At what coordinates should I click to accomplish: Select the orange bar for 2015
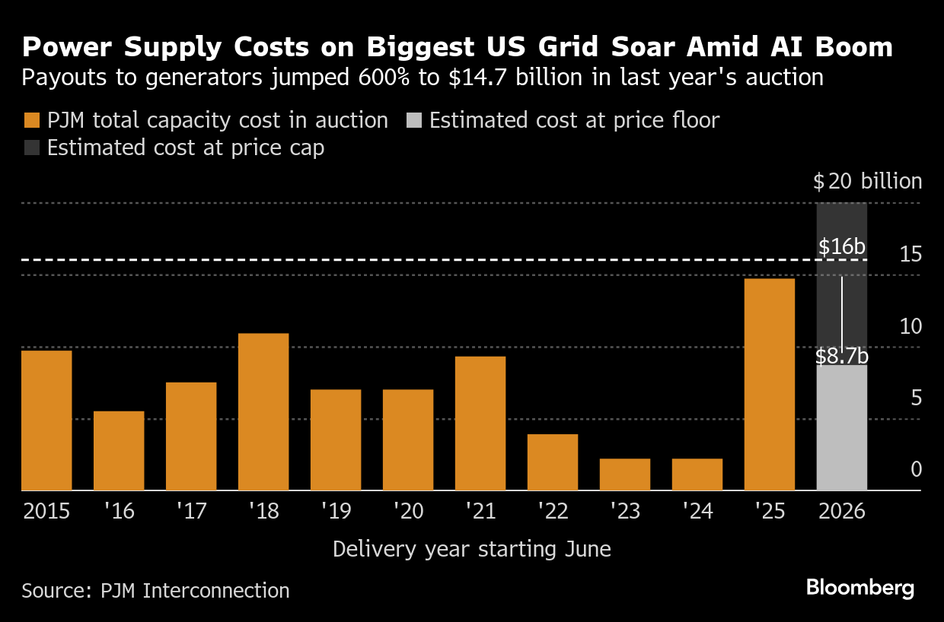[x=46, y=420]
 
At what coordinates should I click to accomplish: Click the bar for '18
[x=263, y=411]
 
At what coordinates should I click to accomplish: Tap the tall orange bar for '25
[x=769, y=384]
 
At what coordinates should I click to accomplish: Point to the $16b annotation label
[x=841, y=247]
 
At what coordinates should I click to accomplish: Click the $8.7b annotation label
[x=841, y=356]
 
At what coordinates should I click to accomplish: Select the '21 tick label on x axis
[x=480, y=510]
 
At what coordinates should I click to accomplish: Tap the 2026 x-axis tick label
[x=841, y=510]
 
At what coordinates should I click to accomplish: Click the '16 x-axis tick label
[x=119, y=510]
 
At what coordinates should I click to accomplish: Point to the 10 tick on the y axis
[x=911, y=326]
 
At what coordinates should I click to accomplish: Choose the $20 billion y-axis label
[x=867, y=182]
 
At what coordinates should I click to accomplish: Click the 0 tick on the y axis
[x=916, y=469]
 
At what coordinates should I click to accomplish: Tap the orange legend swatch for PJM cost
[x=31, y=121]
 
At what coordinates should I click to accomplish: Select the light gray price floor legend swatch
[x=413, y=121]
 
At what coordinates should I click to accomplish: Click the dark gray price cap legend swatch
[x=31, y=148]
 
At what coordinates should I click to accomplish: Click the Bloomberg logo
[x=859, y=588]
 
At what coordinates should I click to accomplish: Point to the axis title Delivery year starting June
[x=471, y=548]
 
